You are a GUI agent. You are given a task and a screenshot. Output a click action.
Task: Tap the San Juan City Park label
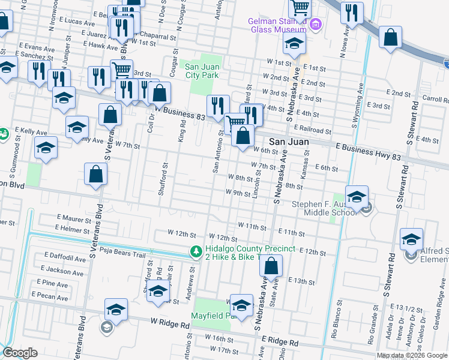202,71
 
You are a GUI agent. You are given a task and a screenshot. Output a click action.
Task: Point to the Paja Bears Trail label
123,254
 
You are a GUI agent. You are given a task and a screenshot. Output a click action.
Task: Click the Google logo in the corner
20,353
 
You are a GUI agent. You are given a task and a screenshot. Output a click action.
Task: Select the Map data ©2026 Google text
412,355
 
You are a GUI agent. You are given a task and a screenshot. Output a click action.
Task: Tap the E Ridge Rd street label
279,341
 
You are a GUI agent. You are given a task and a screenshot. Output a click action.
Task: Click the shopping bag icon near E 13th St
271,266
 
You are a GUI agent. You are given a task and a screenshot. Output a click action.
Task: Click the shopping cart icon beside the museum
298,8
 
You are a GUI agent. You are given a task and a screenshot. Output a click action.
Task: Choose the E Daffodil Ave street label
64,257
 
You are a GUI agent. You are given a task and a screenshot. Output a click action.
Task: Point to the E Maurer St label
73,218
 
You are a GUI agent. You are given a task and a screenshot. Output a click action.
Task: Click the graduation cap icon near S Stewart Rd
412,239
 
